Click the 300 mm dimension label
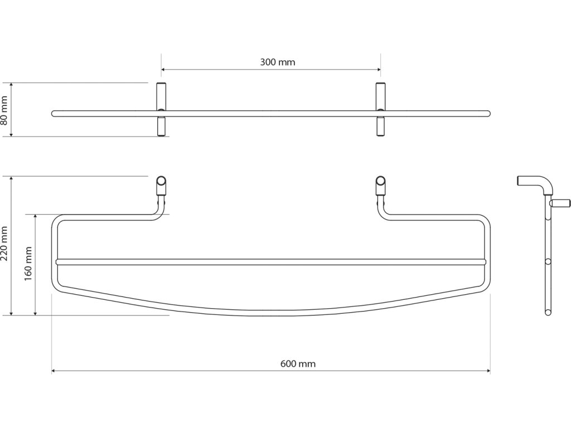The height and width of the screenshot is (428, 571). (277, 62)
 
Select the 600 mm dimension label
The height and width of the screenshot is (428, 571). (298, 364)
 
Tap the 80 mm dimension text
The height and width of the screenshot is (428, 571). (5, 109)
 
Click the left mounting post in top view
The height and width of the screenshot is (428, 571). (161, 109)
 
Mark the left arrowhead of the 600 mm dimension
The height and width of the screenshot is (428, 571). (54, 371)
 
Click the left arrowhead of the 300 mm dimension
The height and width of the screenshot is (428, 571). (164, 70)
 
